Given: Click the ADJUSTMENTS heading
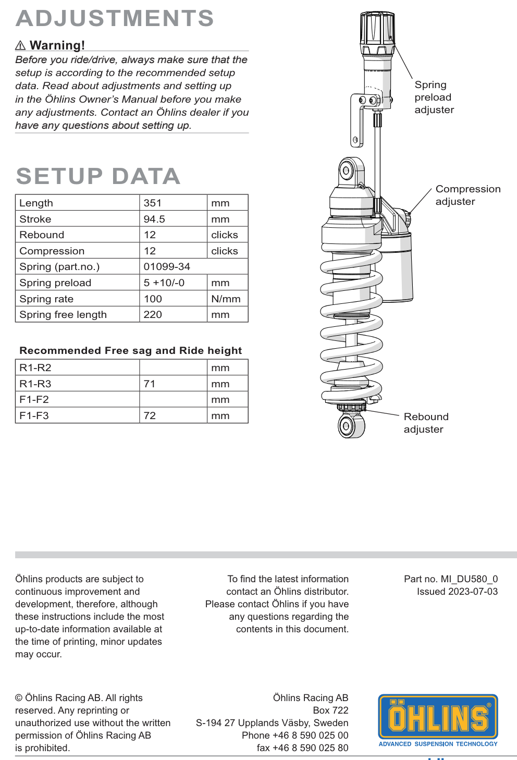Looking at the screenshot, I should (115, 19).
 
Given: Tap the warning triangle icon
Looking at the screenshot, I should (20, 46).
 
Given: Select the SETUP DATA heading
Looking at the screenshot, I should (98, 176).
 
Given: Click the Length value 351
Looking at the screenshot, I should (153, 203).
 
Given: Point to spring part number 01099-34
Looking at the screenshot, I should (167, 266).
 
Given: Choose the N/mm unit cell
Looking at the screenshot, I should (226, 299).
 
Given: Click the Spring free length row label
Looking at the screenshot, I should (63, 314).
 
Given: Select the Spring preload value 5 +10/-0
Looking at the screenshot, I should (164, 283).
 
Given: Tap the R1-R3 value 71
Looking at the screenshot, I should (150, 384).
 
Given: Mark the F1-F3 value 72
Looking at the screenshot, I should (150, 415).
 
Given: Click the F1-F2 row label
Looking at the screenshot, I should (34, 399).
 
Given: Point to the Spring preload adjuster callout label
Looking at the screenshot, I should (434, 97).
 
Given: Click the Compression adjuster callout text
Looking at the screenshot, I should (467, 195).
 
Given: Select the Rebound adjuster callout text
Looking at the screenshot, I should (426, 423).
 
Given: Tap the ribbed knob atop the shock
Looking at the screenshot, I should (377, 30).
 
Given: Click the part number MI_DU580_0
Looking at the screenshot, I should (469, 579).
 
